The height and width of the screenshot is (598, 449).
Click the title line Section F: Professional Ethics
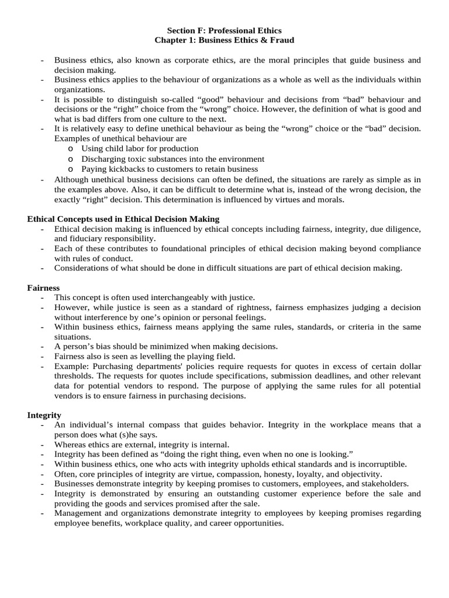(224, 30)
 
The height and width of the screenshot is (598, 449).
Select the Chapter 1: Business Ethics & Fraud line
(224, 40)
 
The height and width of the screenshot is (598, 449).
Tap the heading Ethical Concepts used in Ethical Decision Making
(123, 219)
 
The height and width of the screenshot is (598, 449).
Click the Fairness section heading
(43, 288)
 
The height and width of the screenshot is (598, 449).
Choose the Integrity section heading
(44, 415)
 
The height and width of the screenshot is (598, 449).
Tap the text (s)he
(127, 434)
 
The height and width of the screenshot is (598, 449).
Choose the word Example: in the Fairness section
(72, 366)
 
